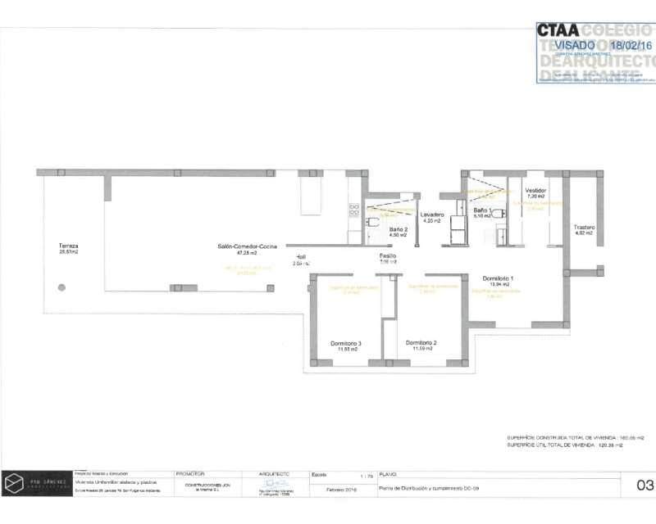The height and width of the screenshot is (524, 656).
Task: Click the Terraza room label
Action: pyautogui.click(x=69, y=246)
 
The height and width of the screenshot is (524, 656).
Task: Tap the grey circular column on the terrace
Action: pyautogui.click(x=61, y=287)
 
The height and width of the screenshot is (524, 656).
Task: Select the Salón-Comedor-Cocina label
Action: pyautogui.click(x=247, y=246)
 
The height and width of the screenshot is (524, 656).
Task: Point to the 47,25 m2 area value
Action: pyautogui.click(x=247, y=253)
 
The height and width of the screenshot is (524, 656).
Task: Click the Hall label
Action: pyautogui.click(x=301, y=256)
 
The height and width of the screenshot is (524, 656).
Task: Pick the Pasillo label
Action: pyautogui.click(x=388, y=255)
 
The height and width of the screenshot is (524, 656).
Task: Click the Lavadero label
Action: pyautogui.click(x=432, y=214)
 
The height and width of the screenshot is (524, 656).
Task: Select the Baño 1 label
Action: pyautogui.click(x=482, y=210)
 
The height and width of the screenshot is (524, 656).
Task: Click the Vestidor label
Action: pyautogui.click(x=535, y=190)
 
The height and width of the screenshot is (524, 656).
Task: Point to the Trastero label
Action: pyautogui.click(x=584, y=227)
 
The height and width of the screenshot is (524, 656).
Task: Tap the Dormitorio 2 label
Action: pyautogui.click(x=421, y=342)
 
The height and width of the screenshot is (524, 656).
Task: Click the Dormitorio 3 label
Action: pyautogui.click(x=346, y=343)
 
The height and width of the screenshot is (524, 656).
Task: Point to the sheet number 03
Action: pyautogui.click(x=644, y=485)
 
